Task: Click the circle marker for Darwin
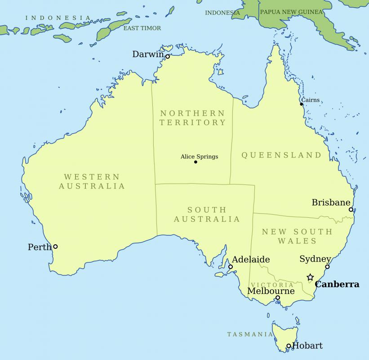tap(167, 57)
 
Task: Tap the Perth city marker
tap(55, 246)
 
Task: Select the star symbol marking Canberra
tap(310, 277)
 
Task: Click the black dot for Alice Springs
tap(196, 162)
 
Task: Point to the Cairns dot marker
tap(302, 104)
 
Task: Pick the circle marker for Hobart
tap(289, 346)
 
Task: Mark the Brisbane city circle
tap(351, 209)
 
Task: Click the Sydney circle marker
tap(327, 266)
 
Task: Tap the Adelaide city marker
tap(231, 267)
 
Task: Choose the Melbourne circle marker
tap(278, 297)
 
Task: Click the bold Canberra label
tap(337, 284)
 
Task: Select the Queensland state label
tap(282, 155)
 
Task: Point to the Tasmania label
tap(250, 334)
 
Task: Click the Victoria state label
tap(272, 285)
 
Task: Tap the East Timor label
tap(142, 28)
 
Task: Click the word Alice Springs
tap(199, 157)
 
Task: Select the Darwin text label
tap(148, 54)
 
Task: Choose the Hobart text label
tap(307, 346)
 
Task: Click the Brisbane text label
tap(331, 202)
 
